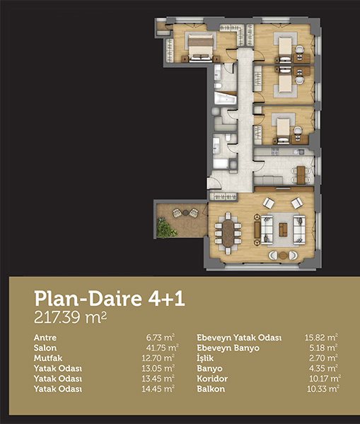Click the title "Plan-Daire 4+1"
click(110, 298)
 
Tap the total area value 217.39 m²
click(71, 317)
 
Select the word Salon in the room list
click(45, 348)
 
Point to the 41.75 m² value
click(162, 348)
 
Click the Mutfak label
click(48, 358)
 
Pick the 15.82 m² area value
click(321, 338)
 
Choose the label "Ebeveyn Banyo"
click(228, 348)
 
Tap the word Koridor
click(212, 379)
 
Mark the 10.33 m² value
click(323, 389)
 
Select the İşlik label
click(205, 358)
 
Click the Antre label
click(45, 338)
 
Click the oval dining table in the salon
click(228, 233)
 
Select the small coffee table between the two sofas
click(283, 230)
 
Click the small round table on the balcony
click(185, 213)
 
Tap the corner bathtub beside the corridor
click(226, 98)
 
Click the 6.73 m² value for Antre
click(161, 338)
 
